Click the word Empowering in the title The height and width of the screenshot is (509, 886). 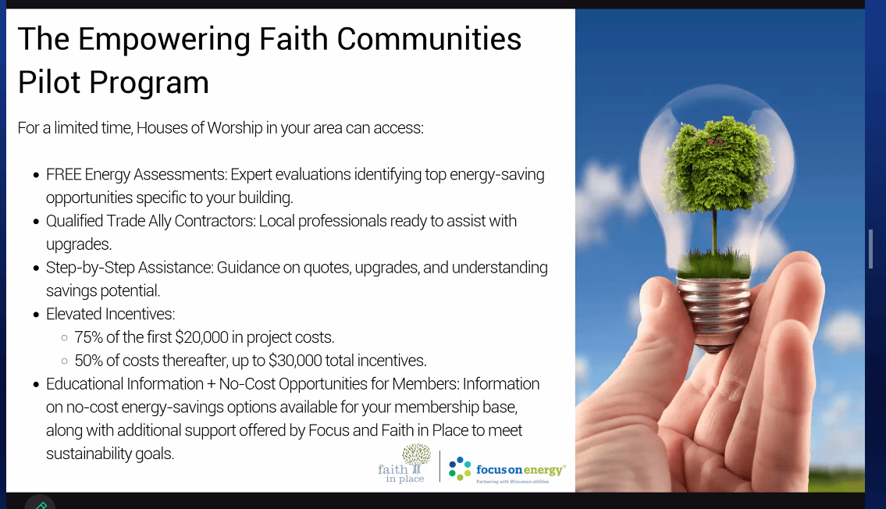click(164, 40)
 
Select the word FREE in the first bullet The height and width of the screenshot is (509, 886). click(63, 175)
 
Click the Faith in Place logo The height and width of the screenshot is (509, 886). click(404, 464)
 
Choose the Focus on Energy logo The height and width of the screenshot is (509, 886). click(507, 469)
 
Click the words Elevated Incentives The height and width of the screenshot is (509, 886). click(111, 314)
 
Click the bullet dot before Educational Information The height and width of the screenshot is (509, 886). click(36, 385)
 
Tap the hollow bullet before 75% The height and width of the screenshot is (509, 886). click(64, 338)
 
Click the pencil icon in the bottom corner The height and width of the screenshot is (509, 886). click(41, 504)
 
